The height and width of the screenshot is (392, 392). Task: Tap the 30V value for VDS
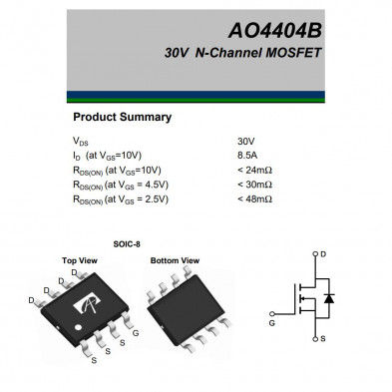[245, 142]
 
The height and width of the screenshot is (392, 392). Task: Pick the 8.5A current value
[248, 156]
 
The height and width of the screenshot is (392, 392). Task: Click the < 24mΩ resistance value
[254, 170]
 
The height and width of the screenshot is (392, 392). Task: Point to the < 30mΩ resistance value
[254, 185]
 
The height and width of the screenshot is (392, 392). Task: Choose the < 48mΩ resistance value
[254, 198]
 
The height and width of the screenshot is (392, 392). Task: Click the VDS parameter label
[81, 142]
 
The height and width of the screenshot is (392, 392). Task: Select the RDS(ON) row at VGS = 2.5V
[121, 198]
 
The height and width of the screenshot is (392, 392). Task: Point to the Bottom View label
[175, 260]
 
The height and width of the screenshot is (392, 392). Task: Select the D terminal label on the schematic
[322, 254]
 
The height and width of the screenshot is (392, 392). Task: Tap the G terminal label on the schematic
[272, 324]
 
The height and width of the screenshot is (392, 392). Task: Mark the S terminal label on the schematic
[322, 339]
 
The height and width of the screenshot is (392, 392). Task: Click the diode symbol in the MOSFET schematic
[330, 297]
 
